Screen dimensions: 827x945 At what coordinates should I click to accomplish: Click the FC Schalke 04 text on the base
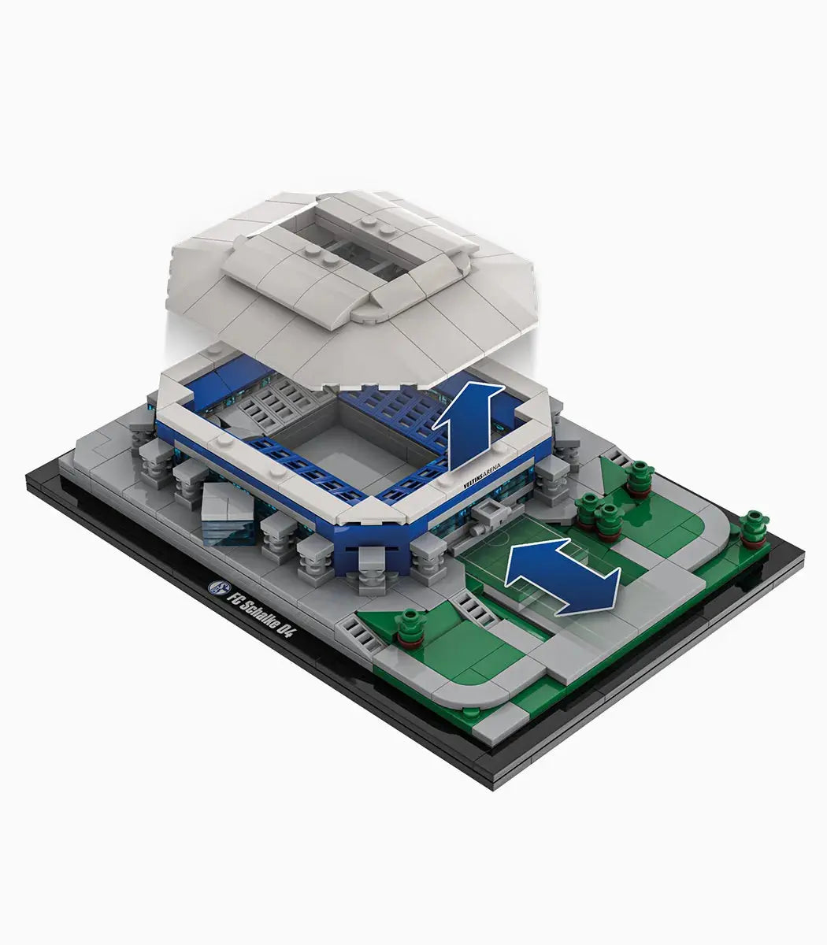pos(260,615)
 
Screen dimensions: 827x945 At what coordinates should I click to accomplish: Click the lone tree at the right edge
pos(753,528)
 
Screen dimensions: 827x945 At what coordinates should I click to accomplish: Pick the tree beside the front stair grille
pos(410,627)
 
